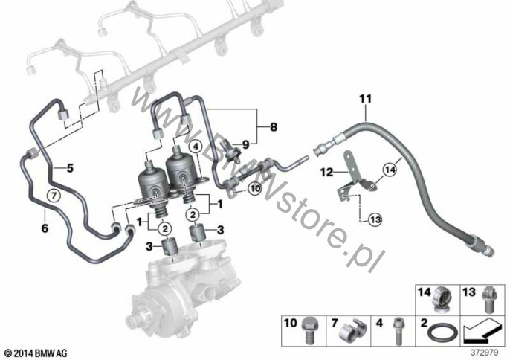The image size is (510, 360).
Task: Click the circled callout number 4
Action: click(x=196, y=147)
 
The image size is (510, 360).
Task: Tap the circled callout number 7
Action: click(x=54, y=196)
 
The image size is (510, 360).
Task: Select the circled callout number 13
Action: click(x=375, y=219)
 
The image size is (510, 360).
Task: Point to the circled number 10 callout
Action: click(x=254, y=188)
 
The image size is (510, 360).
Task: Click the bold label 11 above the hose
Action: click(x=365, y=99)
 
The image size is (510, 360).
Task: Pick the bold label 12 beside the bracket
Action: click(x=326, y=172)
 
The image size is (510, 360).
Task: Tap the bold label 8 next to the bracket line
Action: click(x=274, y=126)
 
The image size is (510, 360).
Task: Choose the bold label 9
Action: click(x=245, y=144)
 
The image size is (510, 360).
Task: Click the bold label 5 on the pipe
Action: click(x=70, y=168)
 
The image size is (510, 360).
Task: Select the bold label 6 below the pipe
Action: click(x=45, y=228)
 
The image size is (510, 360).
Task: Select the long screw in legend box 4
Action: click(x=398, y=331)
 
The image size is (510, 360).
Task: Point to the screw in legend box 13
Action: click(x=488, y=300)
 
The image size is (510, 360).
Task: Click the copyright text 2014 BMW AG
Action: click(x=36, y=353)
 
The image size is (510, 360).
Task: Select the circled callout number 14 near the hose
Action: click(x=390, y=170)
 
